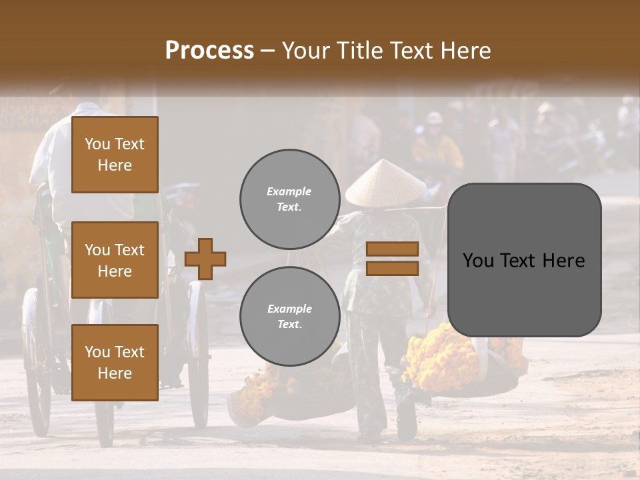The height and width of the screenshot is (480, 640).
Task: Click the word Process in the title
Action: (x=209, y=51)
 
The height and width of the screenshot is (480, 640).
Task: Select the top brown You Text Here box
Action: (x=115, y=155)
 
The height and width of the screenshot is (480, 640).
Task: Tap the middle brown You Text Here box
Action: (x=115, y=260)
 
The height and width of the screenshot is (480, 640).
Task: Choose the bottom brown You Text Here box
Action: (x=115, y=362)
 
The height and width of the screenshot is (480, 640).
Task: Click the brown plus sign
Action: (x=205, y=259)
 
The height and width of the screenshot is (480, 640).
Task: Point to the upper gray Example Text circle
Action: (x=289, y=199)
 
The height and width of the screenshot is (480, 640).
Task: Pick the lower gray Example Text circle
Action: (x=289, y=317)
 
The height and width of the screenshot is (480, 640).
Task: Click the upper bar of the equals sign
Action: (x=393, y=249)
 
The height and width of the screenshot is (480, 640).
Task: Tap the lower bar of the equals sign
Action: (x=393, y=269)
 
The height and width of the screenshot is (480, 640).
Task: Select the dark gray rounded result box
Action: (x=524, y=260)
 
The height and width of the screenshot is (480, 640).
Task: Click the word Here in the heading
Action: (x=467, y=51)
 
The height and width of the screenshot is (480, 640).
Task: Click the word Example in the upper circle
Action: (x=289, y=192)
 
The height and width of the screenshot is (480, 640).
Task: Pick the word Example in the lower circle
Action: (x=289, y=309)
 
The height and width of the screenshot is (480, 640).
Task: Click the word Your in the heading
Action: (x=306, y=51)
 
